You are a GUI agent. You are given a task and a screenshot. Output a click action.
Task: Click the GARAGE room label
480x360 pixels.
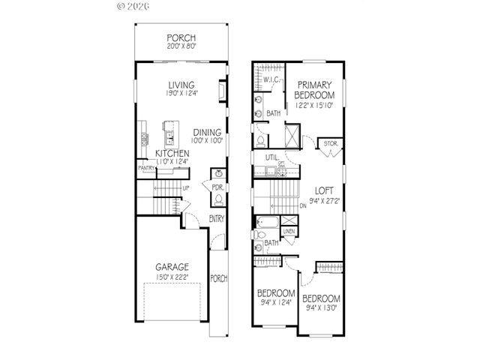(x=172, y=267)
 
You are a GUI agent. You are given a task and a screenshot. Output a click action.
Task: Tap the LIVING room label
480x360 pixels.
(x=181, y=85)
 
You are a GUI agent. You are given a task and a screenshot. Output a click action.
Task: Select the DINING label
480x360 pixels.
(x=206, y=132)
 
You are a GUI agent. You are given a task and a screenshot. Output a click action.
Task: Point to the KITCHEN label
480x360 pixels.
(x=172, y=152)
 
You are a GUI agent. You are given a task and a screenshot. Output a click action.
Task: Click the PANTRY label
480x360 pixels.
(x=145, y=169)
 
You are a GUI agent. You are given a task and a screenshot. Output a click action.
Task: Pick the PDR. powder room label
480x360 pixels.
(x=217, y=187)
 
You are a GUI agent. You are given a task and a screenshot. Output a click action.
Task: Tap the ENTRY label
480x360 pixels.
(x=217, y=218)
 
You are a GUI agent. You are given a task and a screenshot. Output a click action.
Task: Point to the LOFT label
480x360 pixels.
(x=323, y=190)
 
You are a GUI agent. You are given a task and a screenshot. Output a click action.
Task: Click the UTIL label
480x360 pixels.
(x=271, y=156)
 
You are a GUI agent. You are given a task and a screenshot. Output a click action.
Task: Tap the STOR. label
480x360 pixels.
(x=329, y=142)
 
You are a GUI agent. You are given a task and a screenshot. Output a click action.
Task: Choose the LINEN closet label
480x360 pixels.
(x=288, y=231)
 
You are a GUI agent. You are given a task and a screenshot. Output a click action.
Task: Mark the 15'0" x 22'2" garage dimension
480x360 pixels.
(x=172, y=277)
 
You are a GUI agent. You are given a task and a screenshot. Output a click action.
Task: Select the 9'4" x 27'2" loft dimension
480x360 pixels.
(x=324, y=200)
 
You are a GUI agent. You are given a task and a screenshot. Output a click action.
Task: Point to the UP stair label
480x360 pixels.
(x=184, y=187)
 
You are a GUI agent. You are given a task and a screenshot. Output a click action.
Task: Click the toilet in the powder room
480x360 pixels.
(x=217, y=199)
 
